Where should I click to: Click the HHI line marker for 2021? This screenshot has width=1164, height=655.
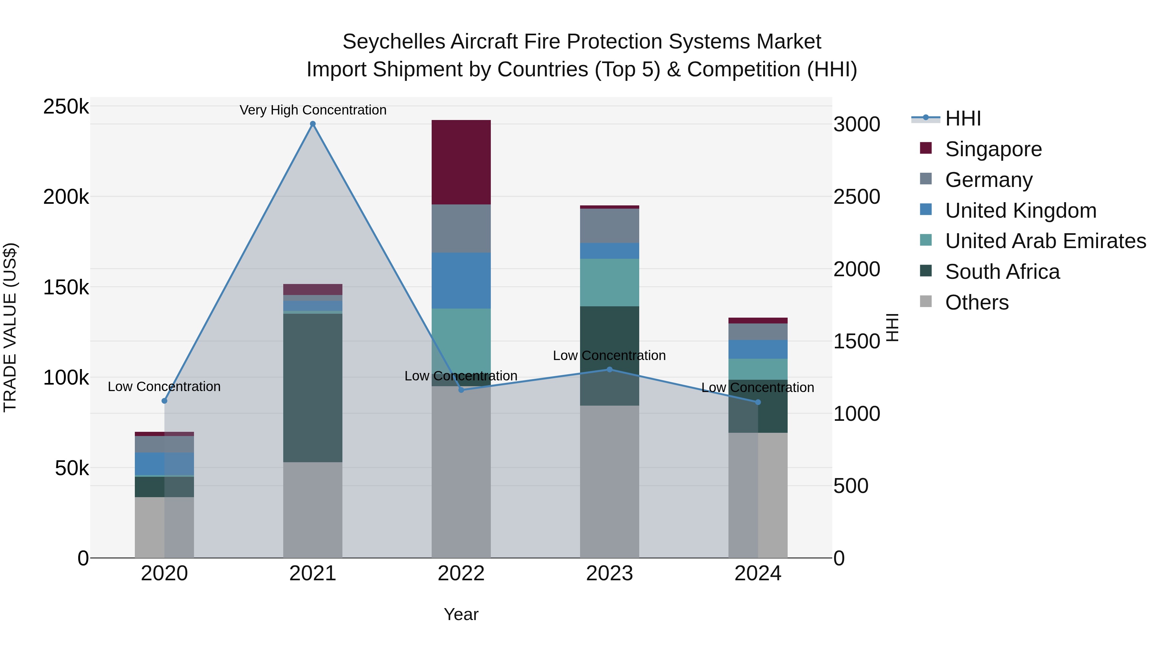313,124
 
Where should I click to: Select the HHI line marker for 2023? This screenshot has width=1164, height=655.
609,369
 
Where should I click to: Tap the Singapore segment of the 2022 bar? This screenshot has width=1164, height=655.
461,162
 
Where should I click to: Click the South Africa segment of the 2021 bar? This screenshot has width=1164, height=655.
313,388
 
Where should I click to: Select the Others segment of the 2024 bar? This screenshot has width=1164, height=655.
758,495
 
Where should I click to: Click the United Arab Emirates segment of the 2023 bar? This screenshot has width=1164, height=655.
609,282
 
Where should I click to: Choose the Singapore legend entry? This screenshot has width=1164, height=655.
993,149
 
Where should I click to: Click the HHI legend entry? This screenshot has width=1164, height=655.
963,118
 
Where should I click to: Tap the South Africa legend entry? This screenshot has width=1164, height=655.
1002,272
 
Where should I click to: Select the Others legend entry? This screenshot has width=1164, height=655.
976,302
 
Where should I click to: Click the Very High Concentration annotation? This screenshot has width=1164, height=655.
313,110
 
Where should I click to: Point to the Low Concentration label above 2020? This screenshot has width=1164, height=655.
164,387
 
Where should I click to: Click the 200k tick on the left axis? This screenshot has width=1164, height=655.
66,197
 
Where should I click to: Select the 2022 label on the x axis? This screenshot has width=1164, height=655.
461,573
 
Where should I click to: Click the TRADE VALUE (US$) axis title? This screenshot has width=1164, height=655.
10,327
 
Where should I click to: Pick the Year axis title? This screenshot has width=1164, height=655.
461,614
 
